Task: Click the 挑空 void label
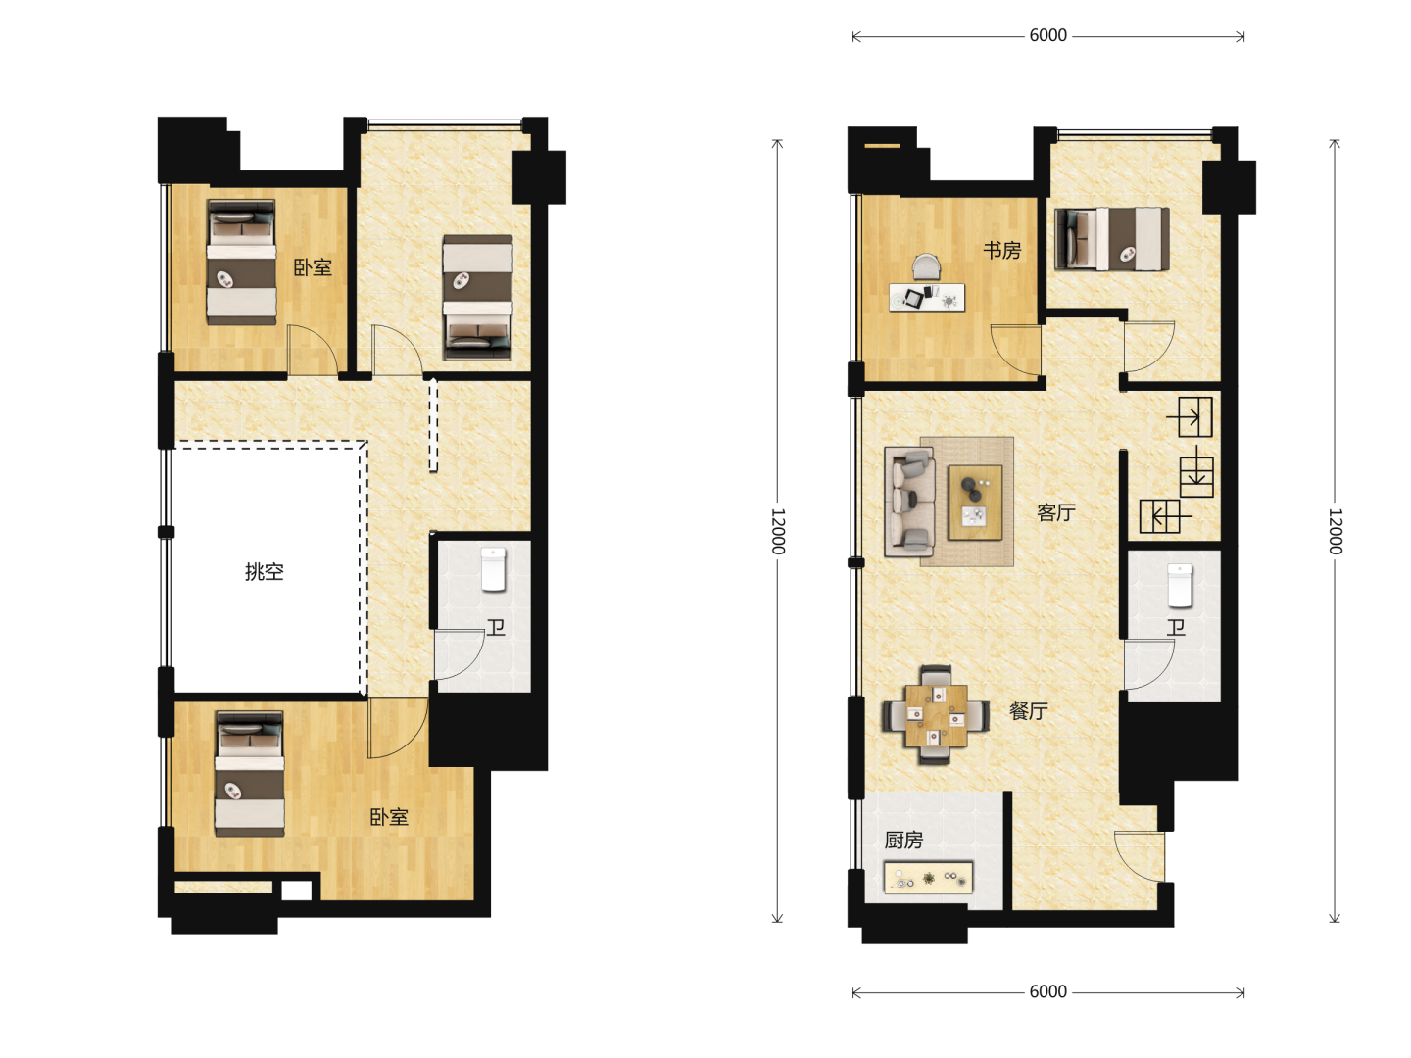click(x=265, y=571)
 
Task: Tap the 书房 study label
click(x=1001, y=250)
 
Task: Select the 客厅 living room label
click(x=1055, y=512)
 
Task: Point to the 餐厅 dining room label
click(x=1029, y=710)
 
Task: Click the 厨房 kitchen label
click(x=903, y=840)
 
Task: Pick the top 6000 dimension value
click(x=1047, y=35)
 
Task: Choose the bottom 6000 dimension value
click(x=1047, y=991)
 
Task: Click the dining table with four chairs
click(x=936, y=715)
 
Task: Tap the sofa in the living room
click(x=909, y=502)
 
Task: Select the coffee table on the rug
click(x=975, y=503)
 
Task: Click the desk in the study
click(x=927, y=298)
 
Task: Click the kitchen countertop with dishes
click(x=928, y=878)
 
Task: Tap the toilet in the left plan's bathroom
click(x=494, y=568)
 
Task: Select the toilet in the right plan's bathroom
click(x=1180, y=585)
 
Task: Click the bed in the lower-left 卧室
click(x=250, y=773)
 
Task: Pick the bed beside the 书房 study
click(x=1111, y=238)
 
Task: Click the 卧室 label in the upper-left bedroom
click(x=313, y=267)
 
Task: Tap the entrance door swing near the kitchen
click(x=1139, y=856)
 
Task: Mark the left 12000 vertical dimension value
click(x=778, y=531)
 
